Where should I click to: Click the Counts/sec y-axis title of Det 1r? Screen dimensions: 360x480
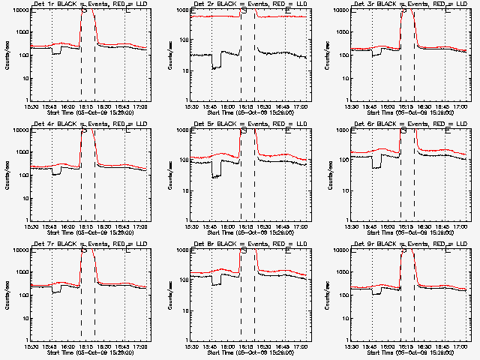point(7,56)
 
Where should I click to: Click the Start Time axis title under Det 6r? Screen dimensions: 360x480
point(410,232)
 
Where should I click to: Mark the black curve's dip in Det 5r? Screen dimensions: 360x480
point(216,175)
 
